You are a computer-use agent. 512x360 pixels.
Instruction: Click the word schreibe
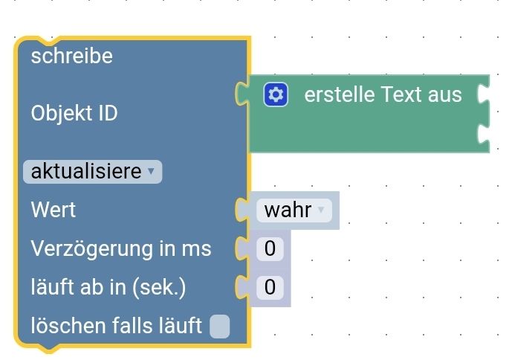(71, 57)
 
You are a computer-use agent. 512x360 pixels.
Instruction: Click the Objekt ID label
(74, 114)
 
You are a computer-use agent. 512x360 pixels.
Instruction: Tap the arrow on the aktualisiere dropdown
(151, 172)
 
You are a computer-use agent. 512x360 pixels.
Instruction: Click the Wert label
(54, 210)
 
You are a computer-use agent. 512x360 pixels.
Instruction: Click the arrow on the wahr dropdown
(321, 210)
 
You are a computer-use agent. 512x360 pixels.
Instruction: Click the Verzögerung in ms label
(120, 248)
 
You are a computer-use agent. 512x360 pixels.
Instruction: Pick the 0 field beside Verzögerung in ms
(270, 248)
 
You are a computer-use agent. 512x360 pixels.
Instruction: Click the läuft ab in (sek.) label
(108, 287)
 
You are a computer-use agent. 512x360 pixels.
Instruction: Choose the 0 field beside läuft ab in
(270, 287)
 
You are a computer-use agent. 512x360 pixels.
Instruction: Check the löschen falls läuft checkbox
(220, 326)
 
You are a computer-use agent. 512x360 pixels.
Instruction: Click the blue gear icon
(276, 94)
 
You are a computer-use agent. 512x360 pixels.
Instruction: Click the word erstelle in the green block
(340, 94)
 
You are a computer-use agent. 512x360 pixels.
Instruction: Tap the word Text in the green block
(402, 94)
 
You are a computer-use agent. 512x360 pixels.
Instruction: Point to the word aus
(445, 94)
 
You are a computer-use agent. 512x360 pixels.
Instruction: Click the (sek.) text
(158, 287)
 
